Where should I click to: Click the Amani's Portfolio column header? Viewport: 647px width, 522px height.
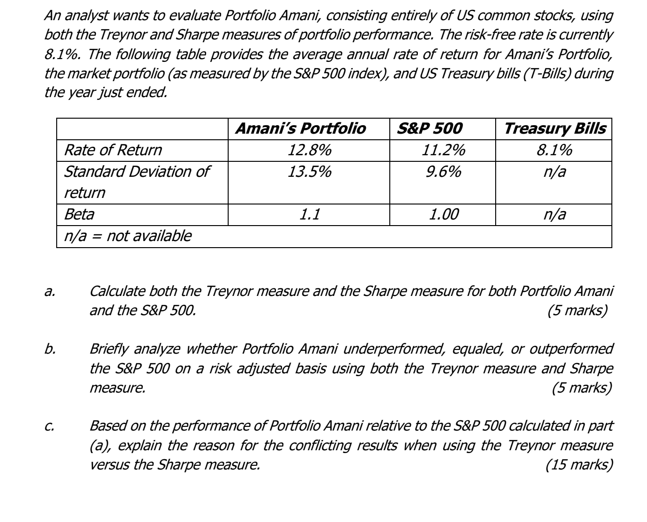(x=300, y=129)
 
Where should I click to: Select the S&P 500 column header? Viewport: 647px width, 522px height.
(x=429, y=129)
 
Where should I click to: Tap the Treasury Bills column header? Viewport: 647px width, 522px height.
(x=554, y=129)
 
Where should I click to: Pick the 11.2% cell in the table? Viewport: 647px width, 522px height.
(x=443, y=150)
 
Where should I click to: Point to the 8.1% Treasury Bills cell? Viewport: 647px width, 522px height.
(x=554, y=150)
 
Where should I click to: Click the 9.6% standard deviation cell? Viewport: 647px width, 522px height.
(x=443, y=172)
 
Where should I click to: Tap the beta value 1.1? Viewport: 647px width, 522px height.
(x=309, y=214)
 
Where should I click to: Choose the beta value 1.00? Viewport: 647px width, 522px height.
(x=443, y=214)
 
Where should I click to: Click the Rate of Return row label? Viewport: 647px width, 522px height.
(x=112, y=150)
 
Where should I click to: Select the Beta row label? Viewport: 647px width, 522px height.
(x=79, y=214)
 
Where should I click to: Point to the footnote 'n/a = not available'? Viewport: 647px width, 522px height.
(x=127, y=235)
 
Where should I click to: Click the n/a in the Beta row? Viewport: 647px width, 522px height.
(x=554, y=214)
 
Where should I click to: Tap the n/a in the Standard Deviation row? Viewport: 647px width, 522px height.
(x=554, y=172)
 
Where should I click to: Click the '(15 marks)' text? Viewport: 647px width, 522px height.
(x=579, y=465)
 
